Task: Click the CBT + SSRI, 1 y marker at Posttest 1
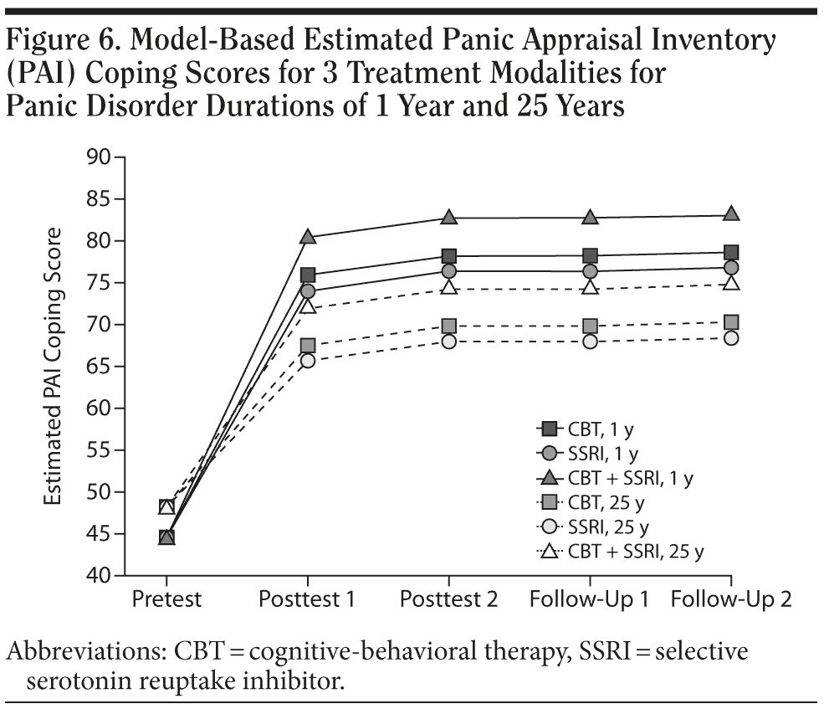[308, 238]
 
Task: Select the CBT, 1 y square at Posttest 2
[449, 256]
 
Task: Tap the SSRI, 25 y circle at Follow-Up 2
[731, 338]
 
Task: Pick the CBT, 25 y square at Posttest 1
[308, 346]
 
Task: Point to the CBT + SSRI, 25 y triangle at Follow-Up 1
[591, 288]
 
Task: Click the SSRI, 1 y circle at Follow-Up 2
[731, 268]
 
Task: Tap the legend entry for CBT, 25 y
[594, 503]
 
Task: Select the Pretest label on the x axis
[166, 600]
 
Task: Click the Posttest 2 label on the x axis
[449, 600]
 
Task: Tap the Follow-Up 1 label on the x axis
[591, 600]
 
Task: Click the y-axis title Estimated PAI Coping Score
[53, 366]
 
